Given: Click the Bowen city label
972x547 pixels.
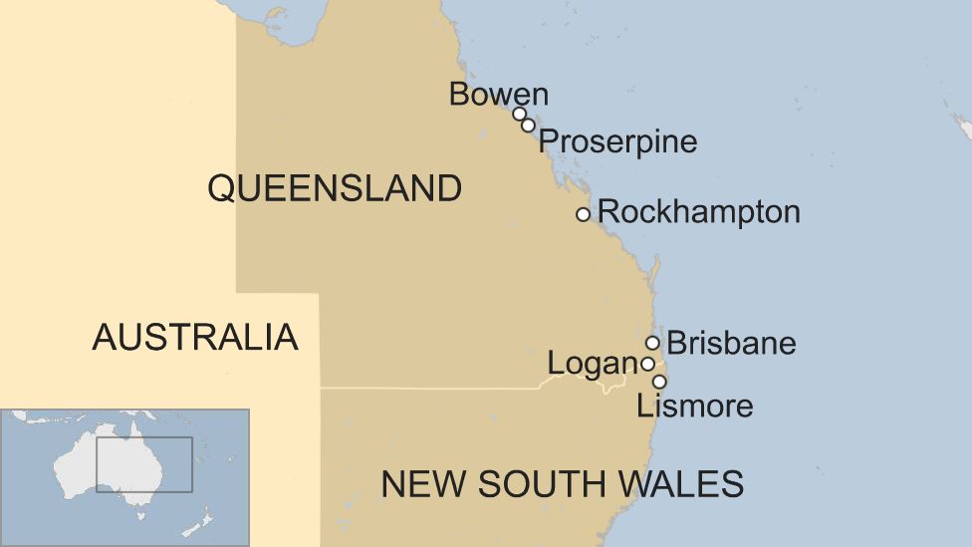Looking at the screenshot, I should click(x=498, y=95).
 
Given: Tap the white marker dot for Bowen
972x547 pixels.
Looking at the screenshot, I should click(x=519, y=114).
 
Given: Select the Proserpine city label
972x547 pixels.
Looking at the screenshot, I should click(x=617, y=141).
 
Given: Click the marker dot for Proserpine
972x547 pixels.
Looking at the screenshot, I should click(x=528, y=126).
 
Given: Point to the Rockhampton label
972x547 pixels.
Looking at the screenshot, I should click(x=698, y=212).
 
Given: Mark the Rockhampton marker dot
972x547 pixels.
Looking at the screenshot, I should click(x=583, y=214).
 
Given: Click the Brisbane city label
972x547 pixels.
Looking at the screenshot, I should click(x=731, y=344).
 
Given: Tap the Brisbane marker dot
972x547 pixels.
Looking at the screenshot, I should click(x=652, y=343).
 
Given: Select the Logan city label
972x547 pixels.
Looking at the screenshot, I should click(x=593, y=365).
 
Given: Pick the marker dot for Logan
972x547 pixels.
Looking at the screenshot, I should click(x=647, y=364).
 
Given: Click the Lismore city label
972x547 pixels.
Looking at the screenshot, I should click(x=694, y=406).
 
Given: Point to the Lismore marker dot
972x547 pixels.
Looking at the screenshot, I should click(x=658, y=382).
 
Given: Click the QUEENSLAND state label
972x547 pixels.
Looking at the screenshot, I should click(x=335, y=188).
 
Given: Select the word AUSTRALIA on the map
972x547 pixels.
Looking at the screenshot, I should click(x=195, y=338).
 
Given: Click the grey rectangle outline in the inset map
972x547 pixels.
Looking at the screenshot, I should click(x=144, y=437).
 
